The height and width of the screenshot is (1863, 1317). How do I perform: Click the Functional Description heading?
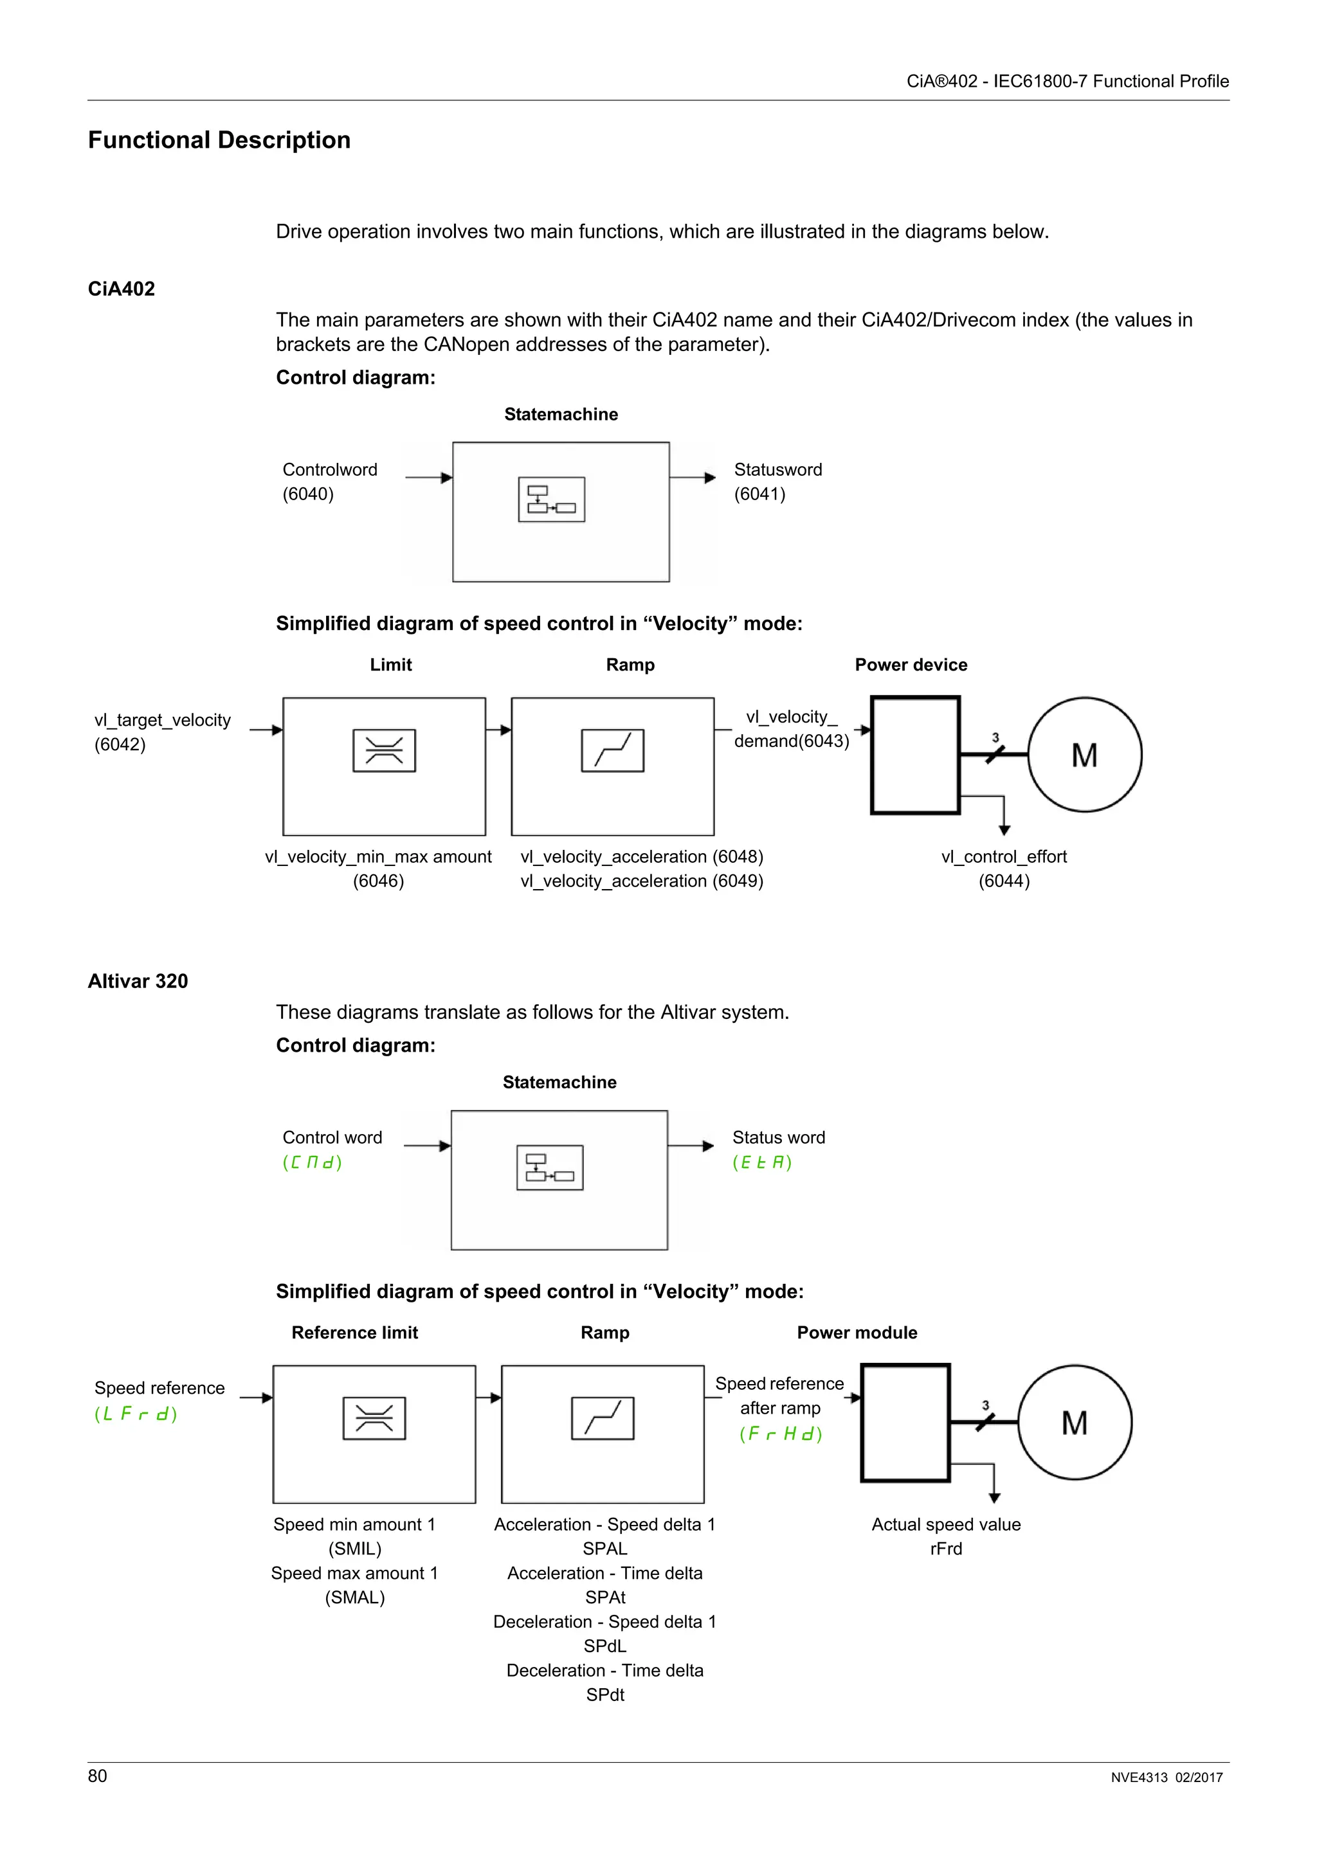[219, 140]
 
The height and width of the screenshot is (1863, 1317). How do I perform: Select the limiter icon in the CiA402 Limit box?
[384, 751]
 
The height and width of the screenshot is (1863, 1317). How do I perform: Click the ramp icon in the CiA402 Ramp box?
[613, 751]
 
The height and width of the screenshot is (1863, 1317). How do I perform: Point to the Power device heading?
[911, 665]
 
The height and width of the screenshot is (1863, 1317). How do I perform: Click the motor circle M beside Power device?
[1084, 755]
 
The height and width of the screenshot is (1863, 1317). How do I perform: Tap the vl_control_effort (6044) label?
[1004, 869]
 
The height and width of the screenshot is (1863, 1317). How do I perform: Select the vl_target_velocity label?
[162, 721]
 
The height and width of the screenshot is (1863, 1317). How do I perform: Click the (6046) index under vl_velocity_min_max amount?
[378, 881]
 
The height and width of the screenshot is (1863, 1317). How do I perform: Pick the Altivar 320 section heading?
[138, 981]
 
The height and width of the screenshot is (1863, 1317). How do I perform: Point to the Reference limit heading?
[354, 1333]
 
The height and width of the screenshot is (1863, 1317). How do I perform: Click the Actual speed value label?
[945, 1525]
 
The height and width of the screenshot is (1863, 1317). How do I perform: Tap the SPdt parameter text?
[605, 1695]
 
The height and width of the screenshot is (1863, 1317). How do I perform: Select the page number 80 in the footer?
[97, 1776]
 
